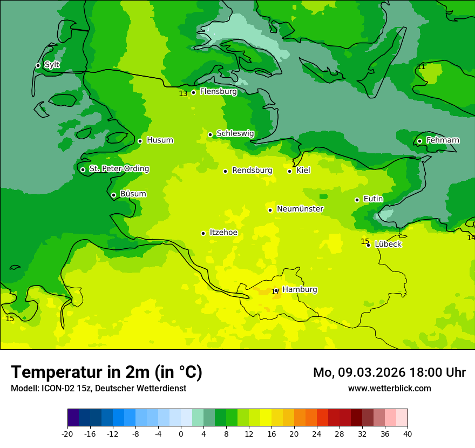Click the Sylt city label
pyautogui.click(x=52, y=65)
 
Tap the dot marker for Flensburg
pyautogui.click(x=193, y=92)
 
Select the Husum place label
pyautogui.click(x=160, y=140)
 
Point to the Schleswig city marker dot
pyautogui.click(x=210, y=134)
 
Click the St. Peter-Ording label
pyautogui.click(x=119, y=169)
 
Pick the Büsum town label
pyautogui.click(x=133, y=194)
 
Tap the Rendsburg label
pyautogui.click(x=252, y=171)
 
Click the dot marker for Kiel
pyautogui.click(x=289, y=171)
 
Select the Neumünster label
pyautogui.click(x=300, y=209)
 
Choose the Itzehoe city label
pyautogui.click(x=223, y=233)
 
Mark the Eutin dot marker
pyautogui.click(x=357, y=200)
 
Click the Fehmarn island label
pyautogui.click(x=443, y=140)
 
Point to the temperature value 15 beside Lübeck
pyautogui.click(x=365, y=241)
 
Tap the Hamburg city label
pyautogui.click(x=300, y=289)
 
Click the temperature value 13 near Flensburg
pyautogui.click(x=183, y=93)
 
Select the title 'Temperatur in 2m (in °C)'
pyautogui.click(x=106, y=372)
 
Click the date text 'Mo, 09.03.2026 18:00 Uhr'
pyautogui.click(x=389, y=372)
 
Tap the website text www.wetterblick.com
pyautogui.click(x=389, y=388)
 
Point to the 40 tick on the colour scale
pyautogui.click(x=407, y=434)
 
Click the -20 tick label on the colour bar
pyautogui.click(x=67, y=434)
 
